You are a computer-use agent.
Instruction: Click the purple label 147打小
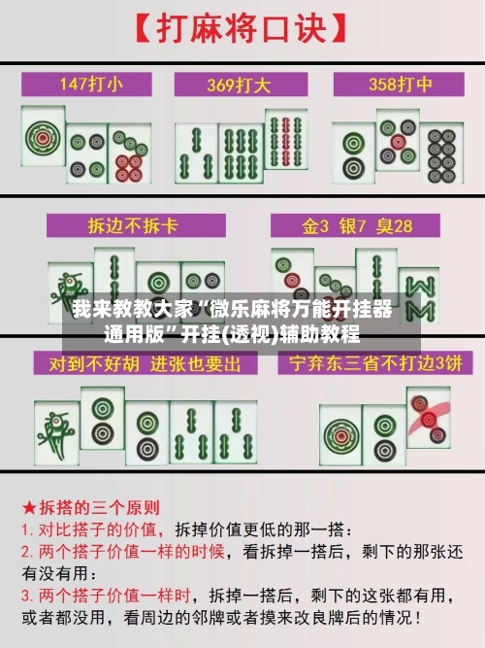(92, 84)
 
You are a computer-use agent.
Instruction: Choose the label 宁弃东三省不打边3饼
(371, 364)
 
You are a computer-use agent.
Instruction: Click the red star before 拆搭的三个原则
(29, 507)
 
